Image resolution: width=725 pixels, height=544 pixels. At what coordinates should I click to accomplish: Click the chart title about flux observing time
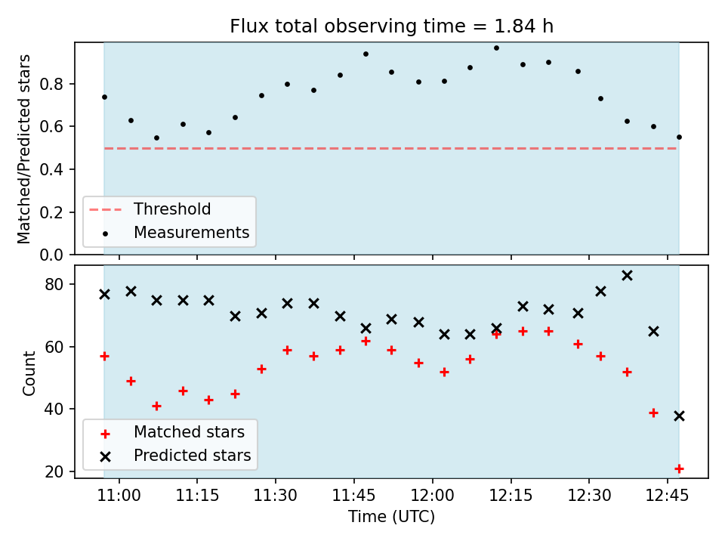[x=392, y=26]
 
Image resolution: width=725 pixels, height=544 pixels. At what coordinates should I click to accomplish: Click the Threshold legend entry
[x=150, y=209]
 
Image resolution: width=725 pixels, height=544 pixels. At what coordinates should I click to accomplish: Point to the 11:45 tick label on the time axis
[x=353, y=496]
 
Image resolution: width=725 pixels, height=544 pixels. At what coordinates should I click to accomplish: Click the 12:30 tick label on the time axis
[x=589, y=496]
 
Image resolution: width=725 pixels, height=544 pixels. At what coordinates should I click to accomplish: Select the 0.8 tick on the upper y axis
[x=51, y=84]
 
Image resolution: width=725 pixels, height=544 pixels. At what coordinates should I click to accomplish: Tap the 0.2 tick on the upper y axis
[x=51, y=212]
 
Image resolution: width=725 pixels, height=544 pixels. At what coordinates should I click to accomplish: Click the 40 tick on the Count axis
[x=54, y=410]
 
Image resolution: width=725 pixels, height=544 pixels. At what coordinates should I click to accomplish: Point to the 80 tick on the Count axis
[x=54, y=285]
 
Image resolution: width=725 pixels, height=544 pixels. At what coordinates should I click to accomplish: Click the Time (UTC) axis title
[x=392, y=516]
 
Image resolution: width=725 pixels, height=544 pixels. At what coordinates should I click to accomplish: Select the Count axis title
[x=29, y=373]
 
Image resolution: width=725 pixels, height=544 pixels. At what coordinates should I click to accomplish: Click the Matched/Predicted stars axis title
[x=23, y=149]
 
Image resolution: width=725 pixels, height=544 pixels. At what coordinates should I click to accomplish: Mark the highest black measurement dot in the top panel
[x=497, y=48]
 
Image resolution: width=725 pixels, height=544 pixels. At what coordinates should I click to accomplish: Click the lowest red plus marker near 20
[x=679, y=469]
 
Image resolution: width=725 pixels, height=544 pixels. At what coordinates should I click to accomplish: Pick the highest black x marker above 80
[x=627, y=276]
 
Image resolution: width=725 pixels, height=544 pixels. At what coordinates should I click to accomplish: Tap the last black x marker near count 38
[x=679, y=416]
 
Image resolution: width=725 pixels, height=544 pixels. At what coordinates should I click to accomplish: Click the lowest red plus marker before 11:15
[x=157, y=406]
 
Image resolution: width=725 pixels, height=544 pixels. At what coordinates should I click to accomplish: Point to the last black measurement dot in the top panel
[x=679, y=137]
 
